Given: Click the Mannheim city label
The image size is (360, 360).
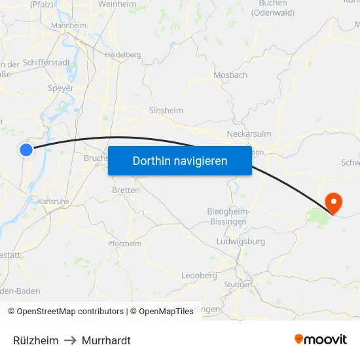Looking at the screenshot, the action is (x=68, y=26).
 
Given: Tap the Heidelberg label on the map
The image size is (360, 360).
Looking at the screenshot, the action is (x=122, y=55).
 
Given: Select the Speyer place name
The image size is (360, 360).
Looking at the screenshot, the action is (x=60, y=88).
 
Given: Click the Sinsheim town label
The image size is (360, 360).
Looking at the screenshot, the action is (x=166, y=111).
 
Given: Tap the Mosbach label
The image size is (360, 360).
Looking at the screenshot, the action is (x=230, y=75).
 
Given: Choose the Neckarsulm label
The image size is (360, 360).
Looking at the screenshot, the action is (x=249, y=134).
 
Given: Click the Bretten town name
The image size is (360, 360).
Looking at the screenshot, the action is (x=126, y=190).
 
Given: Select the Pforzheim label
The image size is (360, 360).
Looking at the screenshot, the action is (x=124, y=243).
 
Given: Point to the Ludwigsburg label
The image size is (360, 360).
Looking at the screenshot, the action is (x=240, y=242).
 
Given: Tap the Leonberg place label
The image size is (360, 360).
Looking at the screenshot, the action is (x=198, y=276).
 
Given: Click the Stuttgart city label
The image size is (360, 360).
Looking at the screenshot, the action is (x=238, y=285).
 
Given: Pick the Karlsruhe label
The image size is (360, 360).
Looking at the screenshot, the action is (x=54, y=202).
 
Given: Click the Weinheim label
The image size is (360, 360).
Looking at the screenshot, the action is (x=117, y=4).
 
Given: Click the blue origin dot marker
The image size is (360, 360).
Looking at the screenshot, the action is (x=26, y=149).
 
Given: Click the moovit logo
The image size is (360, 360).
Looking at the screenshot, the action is (x=320, y=339).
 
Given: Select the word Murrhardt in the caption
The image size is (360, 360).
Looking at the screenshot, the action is (x=106, y=340).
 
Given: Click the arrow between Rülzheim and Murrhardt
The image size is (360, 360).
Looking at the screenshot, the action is (x=70, y=340).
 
